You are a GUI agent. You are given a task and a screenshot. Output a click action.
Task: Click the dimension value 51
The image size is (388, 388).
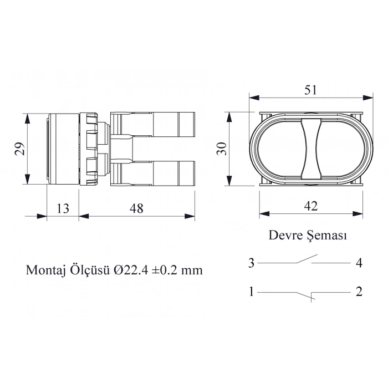(x=311, y=89)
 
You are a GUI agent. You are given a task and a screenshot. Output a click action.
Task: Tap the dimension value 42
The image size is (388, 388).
(x=311, y=206)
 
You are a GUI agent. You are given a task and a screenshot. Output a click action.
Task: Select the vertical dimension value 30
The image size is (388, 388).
(x=221, y=149)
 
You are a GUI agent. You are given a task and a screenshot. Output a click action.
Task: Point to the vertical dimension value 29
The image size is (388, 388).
(x=19, y=149)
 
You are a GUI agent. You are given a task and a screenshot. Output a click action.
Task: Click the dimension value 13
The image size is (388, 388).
(x=63, y=208)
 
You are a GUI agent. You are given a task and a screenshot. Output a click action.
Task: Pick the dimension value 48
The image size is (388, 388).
(x=136, y=208)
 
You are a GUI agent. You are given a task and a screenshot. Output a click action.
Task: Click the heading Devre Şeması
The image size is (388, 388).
(x=308, y=235)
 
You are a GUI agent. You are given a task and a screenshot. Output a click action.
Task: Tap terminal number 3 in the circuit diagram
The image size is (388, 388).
(x=251, y=263)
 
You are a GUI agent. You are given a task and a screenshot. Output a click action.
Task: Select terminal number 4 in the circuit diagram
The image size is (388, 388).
(x=359, y=263)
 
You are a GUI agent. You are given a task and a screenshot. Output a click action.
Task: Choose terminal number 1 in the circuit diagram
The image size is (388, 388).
(x=251, y=292)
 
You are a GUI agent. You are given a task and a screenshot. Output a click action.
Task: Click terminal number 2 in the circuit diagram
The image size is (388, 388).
(x=359, y=292)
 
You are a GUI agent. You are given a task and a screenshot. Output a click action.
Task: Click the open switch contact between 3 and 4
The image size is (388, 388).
(x=305, y=259)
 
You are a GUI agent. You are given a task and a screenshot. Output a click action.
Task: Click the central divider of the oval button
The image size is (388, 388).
(x=311, y=149)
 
